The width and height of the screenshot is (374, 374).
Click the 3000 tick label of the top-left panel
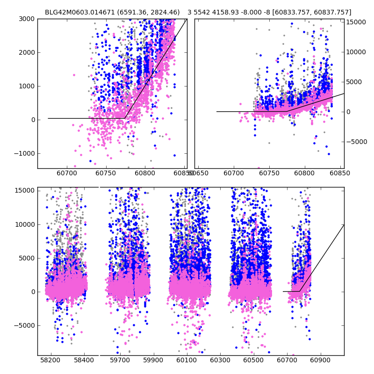[27, 19]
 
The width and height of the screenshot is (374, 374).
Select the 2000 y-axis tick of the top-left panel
[27, 52]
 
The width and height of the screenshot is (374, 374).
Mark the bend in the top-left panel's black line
[125, 118]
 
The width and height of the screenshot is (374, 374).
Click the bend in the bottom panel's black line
[300, 291]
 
